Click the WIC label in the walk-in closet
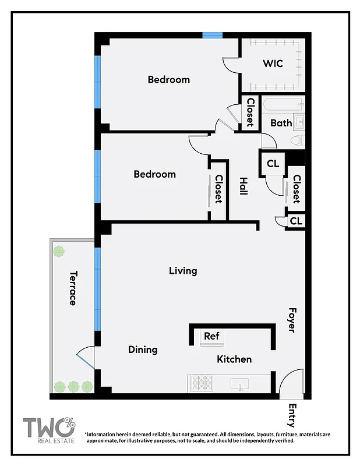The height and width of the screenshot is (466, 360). (273, 63)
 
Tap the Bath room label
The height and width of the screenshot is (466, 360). (281, 123)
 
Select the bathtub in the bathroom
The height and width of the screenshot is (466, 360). (283, 105)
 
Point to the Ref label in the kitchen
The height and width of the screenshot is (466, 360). (211, 336)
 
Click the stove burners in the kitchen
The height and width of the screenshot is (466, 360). (202, 383)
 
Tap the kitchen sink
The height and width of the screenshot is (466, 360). (239, 384)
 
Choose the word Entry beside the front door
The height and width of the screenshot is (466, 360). (292, 416)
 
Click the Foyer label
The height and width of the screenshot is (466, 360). (292, 320)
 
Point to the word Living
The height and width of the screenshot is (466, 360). (183, 271)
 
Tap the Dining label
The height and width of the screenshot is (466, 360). (143, 349)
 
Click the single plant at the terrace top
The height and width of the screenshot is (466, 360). (58, 252)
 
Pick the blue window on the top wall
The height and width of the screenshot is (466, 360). (213, 36)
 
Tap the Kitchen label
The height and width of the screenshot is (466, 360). (234, 359)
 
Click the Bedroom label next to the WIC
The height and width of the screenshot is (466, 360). (168, 80)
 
